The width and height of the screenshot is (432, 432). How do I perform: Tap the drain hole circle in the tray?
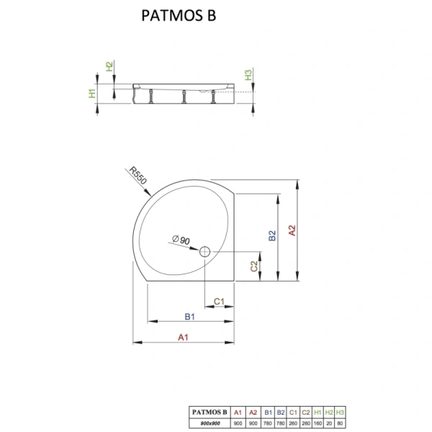pos(204,251)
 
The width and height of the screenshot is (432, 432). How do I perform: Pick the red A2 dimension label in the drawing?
pos(292,230)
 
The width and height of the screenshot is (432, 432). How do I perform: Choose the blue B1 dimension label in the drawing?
pos(189,315)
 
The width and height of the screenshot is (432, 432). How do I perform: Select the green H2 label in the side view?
pos(109,66)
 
